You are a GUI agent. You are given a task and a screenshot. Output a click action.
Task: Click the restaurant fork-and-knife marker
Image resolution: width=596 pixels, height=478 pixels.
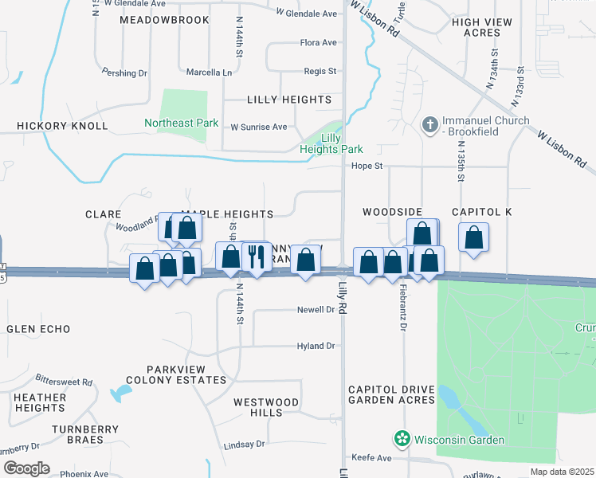coord(256,257)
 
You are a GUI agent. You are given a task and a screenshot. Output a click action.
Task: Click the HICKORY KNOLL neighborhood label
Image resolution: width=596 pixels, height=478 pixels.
coord(62,126)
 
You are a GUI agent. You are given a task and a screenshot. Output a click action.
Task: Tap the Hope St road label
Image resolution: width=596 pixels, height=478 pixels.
coord(368,166)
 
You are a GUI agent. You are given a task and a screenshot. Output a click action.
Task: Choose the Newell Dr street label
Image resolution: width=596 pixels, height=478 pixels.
coord(316,310)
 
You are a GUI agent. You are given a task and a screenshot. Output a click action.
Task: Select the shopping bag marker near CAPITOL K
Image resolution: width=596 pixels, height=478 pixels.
coord(473,237)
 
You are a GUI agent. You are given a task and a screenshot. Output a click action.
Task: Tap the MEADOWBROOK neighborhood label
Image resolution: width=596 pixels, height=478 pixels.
coord(164,19)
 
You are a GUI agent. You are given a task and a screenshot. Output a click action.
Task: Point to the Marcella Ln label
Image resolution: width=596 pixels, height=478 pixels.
coord(209,72)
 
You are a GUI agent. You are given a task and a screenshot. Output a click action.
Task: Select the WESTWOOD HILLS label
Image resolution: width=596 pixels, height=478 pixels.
coord(266,408)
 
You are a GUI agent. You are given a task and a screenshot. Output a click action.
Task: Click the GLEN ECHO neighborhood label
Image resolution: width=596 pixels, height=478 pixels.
coord(38,329)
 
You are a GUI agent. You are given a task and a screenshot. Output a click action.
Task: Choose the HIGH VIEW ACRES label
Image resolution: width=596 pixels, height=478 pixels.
coord(476,27)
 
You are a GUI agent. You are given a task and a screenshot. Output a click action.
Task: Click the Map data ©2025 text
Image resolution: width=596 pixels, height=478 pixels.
coord(563,472)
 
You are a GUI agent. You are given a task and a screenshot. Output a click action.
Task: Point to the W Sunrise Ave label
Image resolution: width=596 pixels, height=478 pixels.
coord(258,127)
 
